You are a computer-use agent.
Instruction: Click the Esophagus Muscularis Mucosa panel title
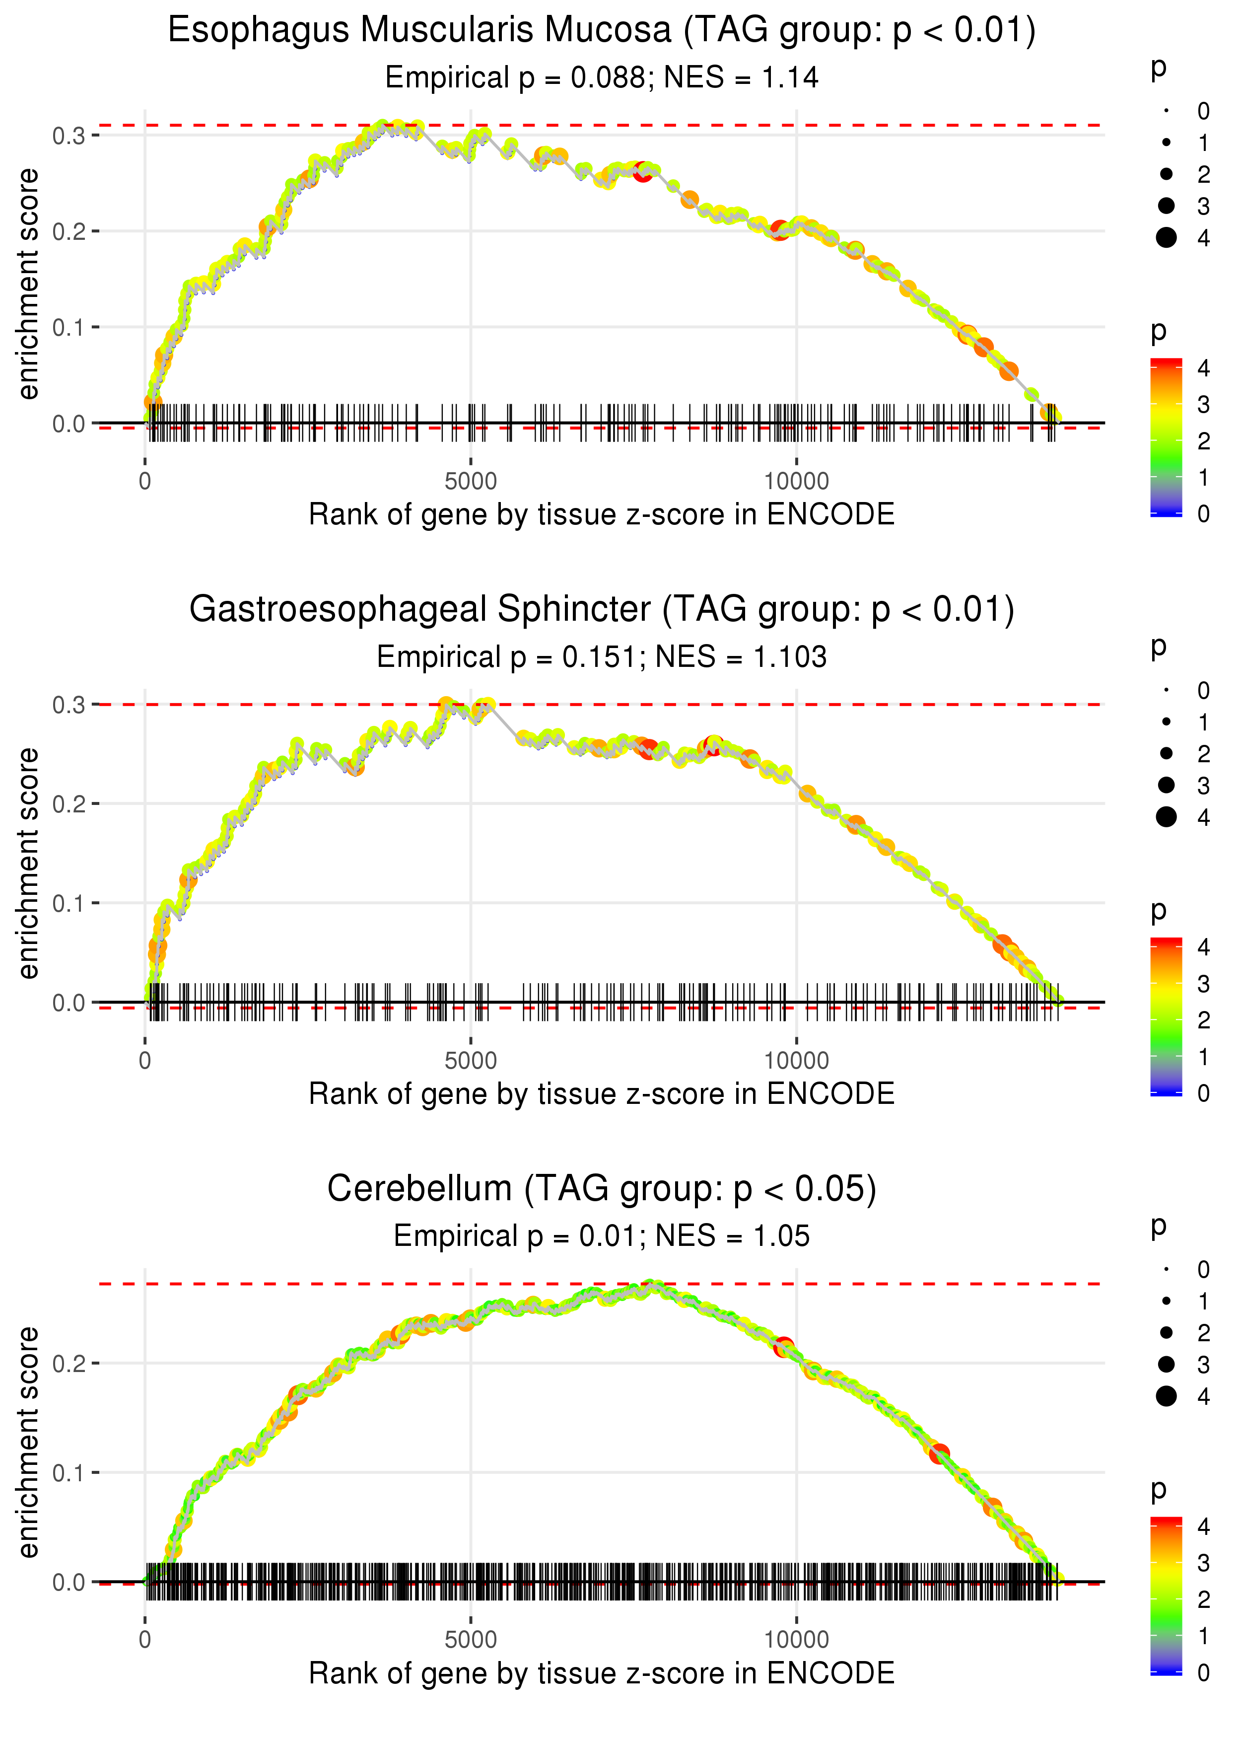pos(602,31)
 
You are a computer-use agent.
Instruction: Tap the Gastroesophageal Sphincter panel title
pos(602,610)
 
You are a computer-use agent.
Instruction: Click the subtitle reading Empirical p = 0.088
pos(602,78)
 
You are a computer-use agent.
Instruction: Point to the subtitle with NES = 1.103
pos(602,657)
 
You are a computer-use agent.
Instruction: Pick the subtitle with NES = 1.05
pos(602,1236)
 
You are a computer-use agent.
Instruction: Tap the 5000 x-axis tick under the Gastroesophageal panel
pos(471,1060)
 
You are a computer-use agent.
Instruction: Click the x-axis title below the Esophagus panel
pos(602,514)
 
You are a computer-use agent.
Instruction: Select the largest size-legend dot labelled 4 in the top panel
pos(1166,238)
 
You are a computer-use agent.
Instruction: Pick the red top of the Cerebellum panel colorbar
pos(1166,1522)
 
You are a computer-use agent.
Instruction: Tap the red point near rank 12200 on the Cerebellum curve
pos(939,1453)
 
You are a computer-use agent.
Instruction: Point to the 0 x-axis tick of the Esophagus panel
pos(145,482)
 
